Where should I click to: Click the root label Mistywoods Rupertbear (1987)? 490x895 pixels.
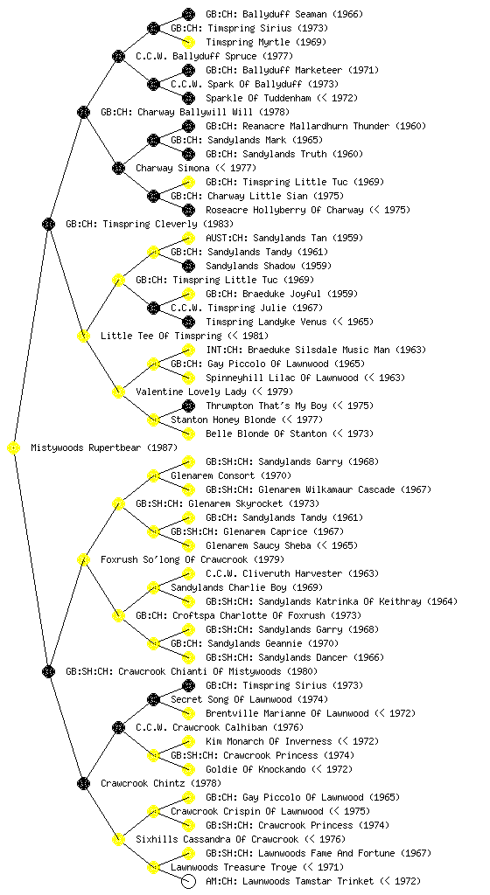pyautogui.click(x=104, y=447)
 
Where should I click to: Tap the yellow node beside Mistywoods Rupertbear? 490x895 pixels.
pyautogui.click(x=14, y=447)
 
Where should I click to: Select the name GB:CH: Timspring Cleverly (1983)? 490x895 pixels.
pyautogui.click(x=150, y=224)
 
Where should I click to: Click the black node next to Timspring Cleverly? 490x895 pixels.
pyautogui.click(x=48, y=224)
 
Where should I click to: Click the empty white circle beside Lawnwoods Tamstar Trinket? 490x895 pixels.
pyautogui.click(x=188, y=881)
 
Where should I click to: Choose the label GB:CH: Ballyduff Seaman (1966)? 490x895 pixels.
pyautogui.click(x=283, y=14)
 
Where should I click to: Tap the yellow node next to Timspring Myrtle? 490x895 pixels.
pyautogui.click(x=188, y=42)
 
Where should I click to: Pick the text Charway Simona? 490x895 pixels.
pyautogui.click(x=172, y=168)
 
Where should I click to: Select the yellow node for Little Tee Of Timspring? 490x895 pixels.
pyautogui.click(x=83, y=336)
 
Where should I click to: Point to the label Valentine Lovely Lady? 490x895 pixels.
pyautogui.click(x=192, y=392)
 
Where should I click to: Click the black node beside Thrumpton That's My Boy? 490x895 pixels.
pyautogui.click(x=188, y=406)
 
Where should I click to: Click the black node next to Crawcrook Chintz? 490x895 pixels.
pyautogui.click(x=83, y=783)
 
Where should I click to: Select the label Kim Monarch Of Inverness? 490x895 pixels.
pyautogui.click(x=269, y=741)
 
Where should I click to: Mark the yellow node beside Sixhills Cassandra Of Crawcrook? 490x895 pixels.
pyautogui.click(x=118, y=839)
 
